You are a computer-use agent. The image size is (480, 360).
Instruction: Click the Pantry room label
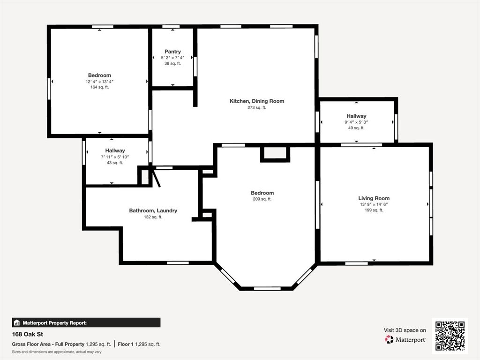point(172,52)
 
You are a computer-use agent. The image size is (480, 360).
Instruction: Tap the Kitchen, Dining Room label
point(256,101)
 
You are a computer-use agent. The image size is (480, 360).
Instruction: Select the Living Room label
point(374,198)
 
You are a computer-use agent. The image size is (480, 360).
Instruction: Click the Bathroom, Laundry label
point(153,211)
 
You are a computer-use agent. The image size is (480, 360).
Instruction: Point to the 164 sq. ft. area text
point(99,87)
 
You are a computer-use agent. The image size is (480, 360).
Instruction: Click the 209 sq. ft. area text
point(262,199)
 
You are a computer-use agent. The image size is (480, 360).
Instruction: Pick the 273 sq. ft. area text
point(256,108)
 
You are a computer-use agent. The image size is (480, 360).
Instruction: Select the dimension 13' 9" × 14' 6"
point(374,204)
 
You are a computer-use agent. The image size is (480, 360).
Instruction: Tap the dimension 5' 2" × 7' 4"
point(172,58)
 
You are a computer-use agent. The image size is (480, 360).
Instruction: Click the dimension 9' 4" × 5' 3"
point(356,122)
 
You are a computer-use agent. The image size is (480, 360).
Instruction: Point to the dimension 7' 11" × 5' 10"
point(115,157)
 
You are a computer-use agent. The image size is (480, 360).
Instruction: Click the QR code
point(450,336)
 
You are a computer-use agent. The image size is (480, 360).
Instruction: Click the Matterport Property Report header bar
point(86,322)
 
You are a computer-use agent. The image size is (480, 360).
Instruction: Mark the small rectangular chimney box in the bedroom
point(275,153)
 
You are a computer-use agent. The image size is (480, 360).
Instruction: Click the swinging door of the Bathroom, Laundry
point(156,178)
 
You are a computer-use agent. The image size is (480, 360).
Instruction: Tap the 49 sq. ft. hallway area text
point(356,128)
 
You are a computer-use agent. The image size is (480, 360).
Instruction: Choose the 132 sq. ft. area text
point(153,217)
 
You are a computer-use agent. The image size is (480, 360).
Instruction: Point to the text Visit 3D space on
point(405,330)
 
